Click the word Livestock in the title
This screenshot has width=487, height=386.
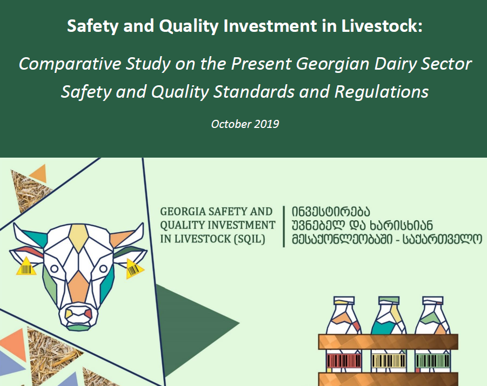point(382,25)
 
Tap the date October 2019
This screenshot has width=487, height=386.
point(245,124)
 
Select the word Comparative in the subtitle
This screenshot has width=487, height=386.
point(70,64)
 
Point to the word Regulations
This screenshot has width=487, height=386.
point(382,92)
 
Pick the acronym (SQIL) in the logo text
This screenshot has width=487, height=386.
point(249,239)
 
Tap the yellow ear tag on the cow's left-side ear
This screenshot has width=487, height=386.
point(26,267)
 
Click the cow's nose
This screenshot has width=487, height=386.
point(78,316)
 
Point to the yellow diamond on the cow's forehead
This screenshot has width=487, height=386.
point(78,238)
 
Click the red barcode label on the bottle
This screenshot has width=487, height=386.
point(344,361)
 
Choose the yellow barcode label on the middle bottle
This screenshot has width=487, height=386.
point(389,361)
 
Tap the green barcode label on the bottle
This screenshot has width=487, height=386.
point(432,361)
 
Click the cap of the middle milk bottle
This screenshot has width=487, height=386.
point(389,300)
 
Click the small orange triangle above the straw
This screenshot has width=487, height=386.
point(39,174)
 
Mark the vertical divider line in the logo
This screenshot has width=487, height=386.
point(284,227)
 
